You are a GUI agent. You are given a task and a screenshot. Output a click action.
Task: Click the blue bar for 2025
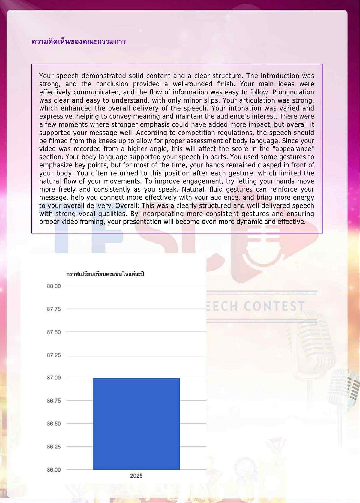pos(136,424)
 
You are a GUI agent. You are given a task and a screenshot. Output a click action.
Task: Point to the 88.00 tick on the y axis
pos(54,286)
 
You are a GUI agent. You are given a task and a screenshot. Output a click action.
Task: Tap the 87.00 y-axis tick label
pos(54,378)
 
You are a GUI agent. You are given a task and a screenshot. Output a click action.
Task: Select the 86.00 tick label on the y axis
pos(54,470)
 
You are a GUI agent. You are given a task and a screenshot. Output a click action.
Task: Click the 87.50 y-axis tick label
pos(54,332)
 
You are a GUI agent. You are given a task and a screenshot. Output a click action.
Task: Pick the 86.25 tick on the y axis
pos(54,447)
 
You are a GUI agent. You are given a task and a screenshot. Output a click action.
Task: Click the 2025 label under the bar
pos(136,476)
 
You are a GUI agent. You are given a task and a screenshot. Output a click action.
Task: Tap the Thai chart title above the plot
pos(105,274)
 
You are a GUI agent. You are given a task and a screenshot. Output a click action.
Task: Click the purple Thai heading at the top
pos(79,41)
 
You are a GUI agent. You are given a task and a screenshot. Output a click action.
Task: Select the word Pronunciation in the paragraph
pos(293,92)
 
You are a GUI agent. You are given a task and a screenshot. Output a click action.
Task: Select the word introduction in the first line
pos(280,76)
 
